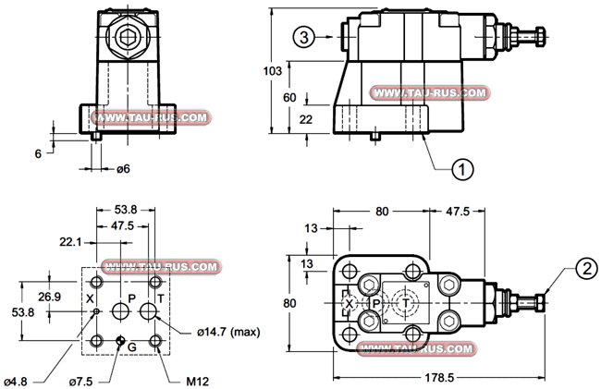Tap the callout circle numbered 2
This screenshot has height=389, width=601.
583,269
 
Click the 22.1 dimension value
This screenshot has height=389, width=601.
70,242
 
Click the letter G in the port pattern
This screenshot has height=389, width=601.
131,346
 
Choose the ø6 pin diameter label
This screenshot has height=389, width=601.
122,168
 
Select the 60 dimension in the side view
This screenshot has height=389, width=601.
289,98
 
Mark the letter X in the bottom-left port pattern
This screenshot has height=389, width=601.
90,298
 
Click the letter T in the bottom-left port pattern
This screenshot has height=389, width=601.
161,298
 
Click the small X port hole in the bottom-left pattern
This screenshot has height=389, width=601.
96,311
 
